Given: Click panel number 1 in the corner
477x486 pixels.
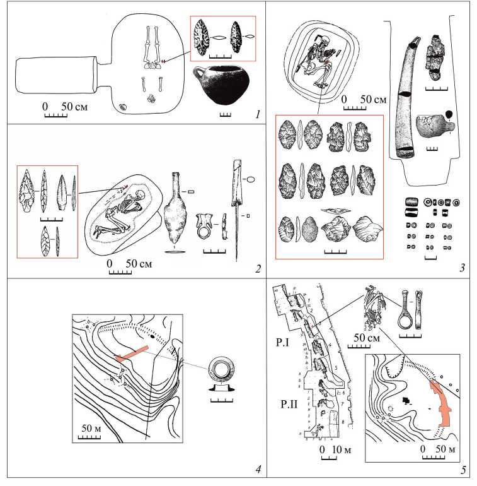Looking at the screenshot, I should pyautogui.click(x=258, y=115).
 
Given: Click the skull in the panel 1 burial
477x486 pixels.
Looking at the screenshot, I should pyautogui.click(x=152, y=98).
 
